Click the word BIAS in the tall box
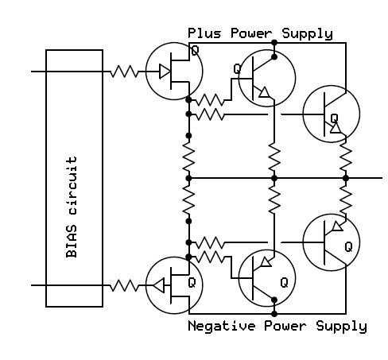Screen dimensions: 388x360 click(x=72, y=241)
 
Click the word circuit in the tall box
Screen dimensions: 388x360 click(x=72, y=185)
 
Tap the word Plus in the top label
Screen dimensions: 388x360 click(x=204, y=33)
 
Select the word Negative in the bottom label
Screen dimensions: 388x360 click(x=222, y=326)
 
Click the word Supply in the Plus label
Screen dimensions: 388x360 click(x=307, y=34)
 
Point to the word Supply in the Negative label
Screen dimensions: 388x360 click(x=341, y=327)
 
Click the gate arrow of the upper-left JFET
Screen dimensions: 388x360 click(x=165, y=72)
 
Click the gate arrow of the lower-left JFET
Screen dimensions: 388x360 click(x=159, y=285)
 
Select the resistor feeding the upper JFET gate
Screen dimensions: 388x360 click(x=124, y=72)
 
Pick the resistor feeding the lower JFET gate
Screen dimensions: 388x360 click(x=124, y=285)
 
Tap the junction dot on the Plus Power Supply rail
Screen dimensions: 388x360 click(x=274, y=42)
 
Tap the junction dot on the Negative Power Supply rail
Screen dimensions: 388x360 click(x=274, y=314)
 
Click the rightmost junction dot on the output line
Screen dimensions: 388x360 click(x=346, y=178)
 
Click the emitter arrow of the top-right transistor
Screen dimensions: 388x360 click(x=336, y=128)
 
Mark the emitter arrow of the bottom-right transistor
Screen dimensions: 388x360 click(x=337, y=226)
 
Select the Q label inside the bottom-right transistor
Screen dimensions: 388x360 click(x=348, y=247)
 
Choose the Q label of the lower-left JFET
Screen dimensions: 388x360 click(x=192, y=283)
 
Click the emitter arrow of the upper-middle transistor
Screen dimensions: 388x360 click(x=264, y=92)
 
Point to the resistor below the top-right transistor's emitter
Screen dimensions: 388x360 click(x=346, y=157)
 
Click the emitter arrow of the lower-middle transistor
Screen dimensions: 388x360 click(x=266, y=261)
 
